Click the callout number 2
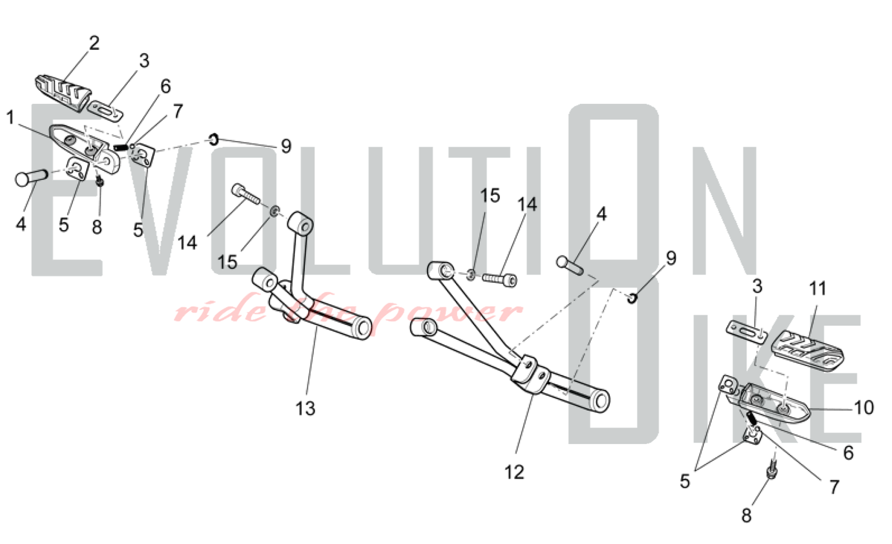94,43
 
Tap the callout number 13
306,408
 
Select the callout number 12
514,472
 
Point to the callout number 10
864,408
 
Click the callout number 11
818,289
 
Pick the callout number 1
10,118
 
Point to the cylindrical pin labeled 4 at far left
31,177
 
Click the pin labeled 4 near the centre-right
570,265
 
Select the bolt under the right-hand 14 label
500,279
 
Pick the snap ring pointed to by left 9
214,140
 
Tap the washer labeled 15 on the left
275,210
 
